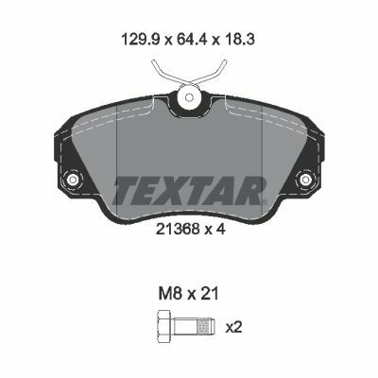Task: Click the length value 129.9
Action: tap(142, 40)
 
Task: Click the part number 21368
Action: tap(178, 229)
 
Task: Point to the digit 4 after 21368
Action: tap(221, 229)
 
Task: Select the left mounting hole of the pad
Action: tap(72, 180)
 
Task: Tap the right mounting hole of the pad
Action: tap(304, 180)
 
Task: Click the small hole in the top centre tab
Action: tap(189, 97)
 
